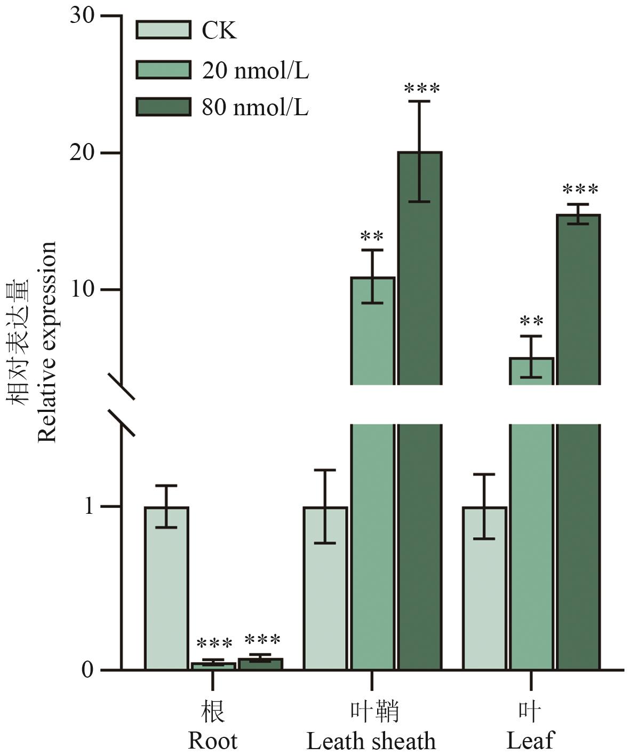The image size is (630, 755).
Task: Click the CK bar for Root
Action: [x=166, y=587]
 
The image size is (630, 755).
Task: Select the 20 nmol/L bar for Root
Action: [x=213, y=665]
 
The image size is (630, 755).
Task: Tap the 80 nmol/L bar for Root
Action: [x=260, y=663]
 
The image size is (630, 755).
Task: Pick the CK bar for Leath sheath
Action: [x=325, y=587]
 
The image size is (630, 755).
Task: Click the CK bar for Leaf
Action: [x=484, y=587]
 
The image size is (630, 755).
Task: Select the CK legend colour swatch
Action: [x=163, y=30]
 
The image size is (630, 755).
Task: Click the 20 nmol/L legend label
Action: [x=255, y=70]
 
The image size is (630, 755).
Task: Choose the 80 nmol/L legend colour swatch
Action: [x=163, y=107]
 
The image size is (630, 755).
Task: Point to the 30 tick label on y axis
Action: [x=82, y=16]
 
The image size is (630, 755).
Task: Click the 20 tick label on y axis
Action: [x=82, y=153]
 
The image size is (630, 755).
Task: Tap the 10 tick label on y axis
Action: [x=82, y=290]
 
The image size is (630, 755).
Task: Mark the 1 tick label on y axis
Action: [x=89, y=506]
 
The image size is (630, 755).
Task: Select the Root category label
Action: [x=212, y=740]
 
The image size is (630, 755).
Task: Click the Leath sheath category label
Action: [x=371, y=740]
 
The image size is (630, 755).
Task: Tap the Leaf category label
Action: [x=530, y=740]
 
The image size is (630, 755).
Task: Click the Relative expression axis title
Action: [x=47, y=341]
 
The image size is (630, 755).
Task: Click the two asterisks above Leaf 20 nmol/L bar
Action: [x=531, y=321]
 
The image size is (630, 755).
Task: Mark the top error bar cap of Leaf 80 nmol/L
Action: [x=578, y=204]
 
